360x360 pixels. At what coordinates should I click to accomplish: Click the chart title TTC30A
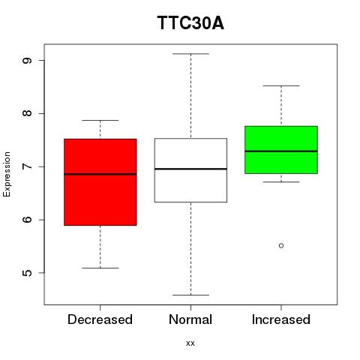(x=190, y=22)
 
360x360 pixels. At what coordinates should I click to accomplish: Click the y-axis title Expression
(x=7, y=174)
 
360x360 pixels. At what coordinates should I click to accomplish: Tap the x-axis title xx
(x=190, y=343)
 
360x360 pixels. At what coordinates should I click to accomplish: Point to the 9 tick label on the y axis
(x=27, y=61)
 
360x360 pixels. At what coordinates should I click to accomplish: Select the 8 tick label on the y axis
(x=27, y=113)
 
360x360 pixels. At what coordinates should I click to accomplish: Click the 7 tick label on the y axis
(x=27, y=166)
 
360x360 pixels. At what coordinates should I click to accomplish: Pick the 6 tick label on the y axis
(x=27, y=220)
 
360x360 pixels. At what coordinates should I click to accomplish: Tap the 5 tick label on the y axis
(x=27, y=273)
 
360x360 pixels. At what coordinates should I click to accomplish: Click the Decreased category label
(x=100, y=319)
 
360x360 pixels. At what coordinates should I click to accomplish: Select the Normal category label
(x=190, y=319)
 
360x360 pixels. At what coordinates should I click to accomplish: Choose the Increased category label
(x=281, y=319)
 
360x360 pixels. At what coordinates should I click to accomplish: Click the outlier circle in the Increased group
(x=281, y=246)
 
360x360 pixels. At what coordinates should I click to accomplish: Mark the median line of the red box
(x=100, y=174)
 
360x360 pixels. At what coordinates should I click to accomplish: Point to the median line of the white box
(x=190, y=169)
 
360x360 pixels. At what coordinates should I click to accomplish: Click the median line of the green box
(x=281, y=151)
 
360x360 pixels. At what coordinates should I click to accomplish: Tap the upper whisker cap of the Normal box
(x=190, y=54)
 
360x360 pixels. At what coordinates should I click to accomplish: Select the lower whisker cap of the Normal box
(x=190, y=295)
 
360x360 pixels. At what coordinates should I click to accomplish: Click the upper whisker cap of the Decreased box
(x=100, y=120)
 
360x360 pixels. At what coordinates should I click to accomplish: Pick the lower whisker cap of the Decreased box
(x=100, y=268)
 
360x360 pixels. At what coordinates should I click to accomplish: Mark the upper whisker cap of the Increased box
(x=281, y=85)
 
